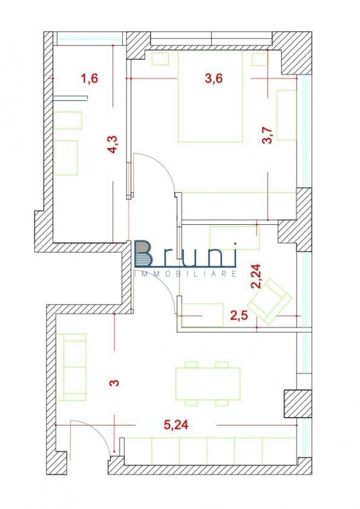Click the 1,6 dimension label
tap(89, 78)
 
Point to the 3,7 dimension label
tap(268, 136)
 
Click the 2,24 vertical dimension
tap(256, 275)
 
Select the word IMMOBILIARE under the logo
tap(186, 273)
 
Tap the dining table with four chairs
tap(207, 383)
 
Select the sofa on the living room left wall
tap(74, 367)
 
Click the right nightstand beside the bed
tap(259, 59)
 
